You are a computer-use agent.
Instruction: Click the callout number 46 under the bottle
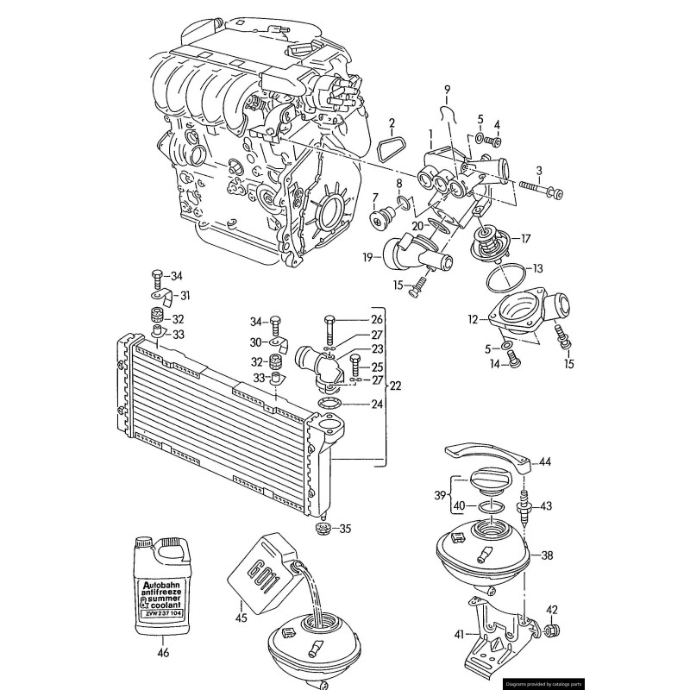(162, 654)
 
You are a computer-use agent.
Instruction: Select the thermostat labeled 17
(492, 241)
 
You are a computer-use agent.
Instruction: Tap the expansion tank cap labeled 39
(488, 484)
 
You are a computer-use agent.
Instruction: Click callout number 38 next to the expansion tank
(547, 556)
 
